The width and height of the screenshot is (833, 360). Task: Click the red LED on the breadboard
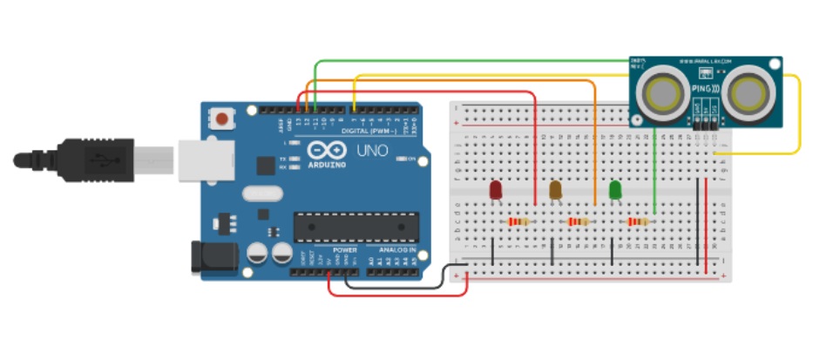[x=495, y=189]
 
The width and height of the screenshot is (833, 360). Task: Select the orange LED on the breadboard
[x=555, y=189]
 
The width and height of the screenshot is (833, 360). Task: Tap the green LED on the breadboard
[x=615, y=189]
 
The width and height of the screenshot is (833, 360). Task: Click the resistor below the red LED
[x=519, y=222]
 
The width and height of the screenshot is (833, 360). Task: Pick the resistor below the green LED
[x=639, y=222]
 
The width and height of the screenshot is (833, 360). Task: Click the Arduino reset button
[x=225, y=117]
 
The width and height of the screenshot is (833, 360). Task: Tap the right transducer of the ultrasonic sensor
[x=748, y=93]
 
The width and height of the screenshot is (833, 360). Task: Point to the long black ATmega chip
[x=352, y=225]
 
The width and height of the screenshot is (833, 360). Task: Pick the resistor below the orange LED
[x=579, y=222]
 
